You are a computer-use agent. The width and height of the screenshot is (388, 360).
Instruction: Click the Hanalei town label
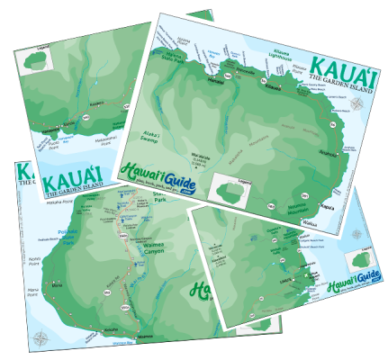coord(216,80)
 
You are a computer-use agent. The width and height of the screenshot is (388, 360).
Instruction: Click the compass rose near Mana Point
coord(41,338)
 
